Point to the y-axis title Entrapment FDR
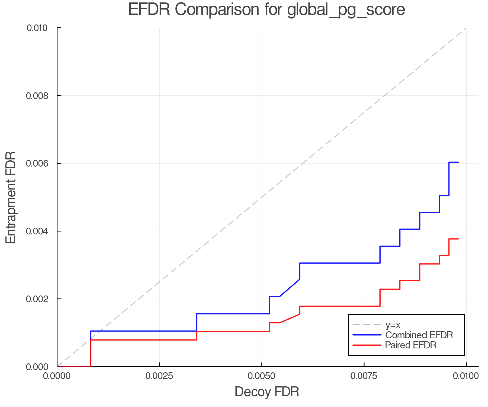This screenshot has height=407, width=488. click(11, 197)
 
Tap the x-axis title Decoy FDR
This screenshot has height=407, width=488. click(267, 392)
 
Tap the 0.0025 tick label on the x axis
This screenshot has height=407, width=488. click(159, 376)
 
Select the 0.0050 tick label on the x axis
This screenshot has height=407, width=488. click(262, 376)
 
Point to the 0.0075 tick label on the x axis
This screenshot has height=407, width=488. click(364, 376)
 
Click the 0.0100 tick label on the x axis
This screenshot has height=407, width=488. click(466, 376)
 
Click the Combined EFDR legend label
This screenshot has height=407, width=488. click(419, 335)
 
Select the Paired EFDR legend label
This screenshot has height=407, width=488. click(411, 345)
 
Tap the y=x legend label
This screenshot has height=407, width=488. click(393, 325)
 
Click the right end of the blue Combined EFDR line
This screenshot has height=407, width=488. click(458, 162)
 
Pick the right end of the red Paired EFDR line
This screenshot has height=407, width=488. click(458, 239)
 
